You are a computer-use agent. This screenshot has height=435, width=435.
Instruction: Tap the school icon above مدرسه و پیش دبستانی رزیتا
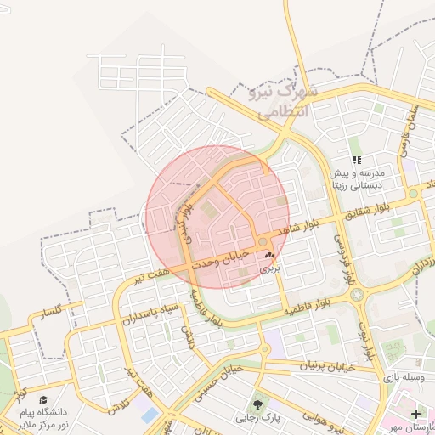click(357, 160)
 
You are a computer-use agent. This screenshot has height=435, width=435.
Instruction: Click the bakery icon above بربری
click(269, 255)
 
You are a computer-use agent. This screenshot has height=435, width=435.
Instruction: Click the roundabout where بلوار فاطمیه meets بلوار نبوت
click(355, 295)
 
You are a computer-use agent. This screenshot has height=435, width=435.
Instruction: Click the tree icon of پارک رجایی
click(258, 404)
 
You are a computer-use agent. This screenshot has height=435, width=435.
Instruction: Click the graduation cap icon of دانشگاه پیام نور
click(42, 400)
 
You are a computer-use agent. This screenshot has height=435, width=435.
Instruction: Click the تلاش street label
click(116, 406)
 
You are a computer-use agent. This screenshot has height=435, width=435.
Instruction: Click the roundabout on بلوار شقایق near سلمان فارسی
click(413, 194)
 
